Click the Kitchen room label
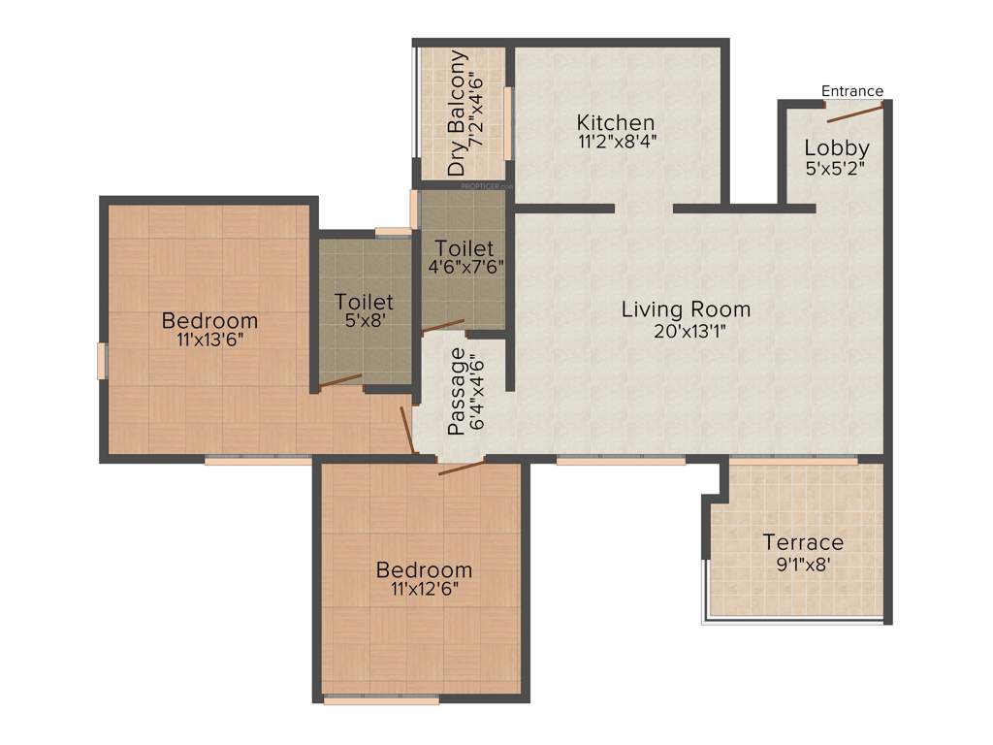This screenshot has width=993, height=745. [x=616, y=123]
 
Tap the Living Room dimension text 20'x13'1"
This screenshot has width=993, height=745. [x=686, y=331]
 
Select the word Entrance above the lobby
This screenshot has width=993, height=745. [x=852, y=91]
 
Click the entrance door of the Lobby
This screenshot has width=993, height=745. [x=854, y=113]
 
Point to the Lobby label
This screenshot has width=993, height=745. [x=836, y=148]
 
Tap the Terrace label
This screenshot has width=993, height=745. [x=803, y=542]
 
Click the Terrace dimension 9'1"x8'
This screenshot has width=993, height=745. [x=803, y=564]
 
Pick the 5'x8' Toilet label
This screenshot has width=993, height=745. [x=364, y=302]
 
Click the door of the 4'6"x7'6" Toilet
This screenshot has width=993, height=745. [x=443, y=327]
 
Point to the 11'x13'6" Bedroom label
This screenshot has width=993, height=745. [x=209, y=320]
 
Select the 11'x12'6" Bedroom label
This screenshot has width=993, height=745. [x=425, y=569]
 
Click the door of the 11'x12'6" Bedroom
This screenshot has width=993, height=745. [x=461, y=468]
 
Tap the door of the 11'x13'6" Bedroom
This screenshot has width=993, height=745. [x=408, y=430]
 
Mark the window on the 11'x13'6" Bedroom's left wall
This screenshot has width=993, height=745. [x=102, y=360]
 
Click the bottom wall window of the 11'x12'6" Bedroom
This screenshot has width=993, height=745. [x=381, y=698]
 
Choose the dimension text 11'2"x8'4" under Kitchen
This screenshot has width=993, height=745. [x=616, y=142]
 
